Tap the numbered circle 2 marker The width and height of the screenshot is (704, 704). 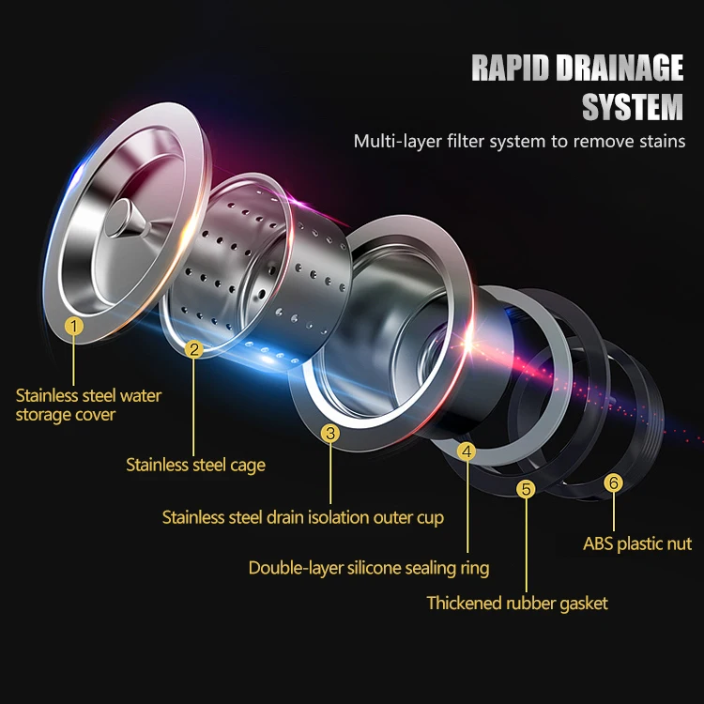coord(194,350)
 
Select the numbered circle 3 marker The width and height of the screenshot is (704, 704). coord(329,433)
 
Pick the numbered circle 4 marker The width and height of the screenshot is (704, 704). coord(467,451)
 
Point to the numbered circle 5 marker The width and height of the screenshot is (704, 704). coord(526,488)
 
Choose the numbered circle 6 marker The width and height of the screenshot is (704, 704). coord(614,483)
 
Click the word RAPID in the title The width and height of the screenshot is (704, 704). coord(510,69)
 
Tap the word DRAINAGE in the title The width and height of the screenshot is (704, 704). coord(620,69)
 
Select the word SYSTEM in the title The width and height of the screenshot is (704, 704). coord(632,107)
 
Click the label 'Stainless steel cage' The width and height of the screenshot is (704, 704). coord(195,465)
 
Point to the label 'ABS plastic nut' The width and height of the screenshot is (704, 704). coord(637,543)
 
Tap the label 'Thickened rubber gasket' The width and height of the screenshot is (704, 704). coord(517,604)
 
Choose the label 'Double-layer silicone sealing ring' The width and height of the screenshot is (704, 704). coord(369,568)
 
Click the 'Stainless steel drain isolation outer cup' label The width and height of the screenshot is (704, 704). coord(303,517)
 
